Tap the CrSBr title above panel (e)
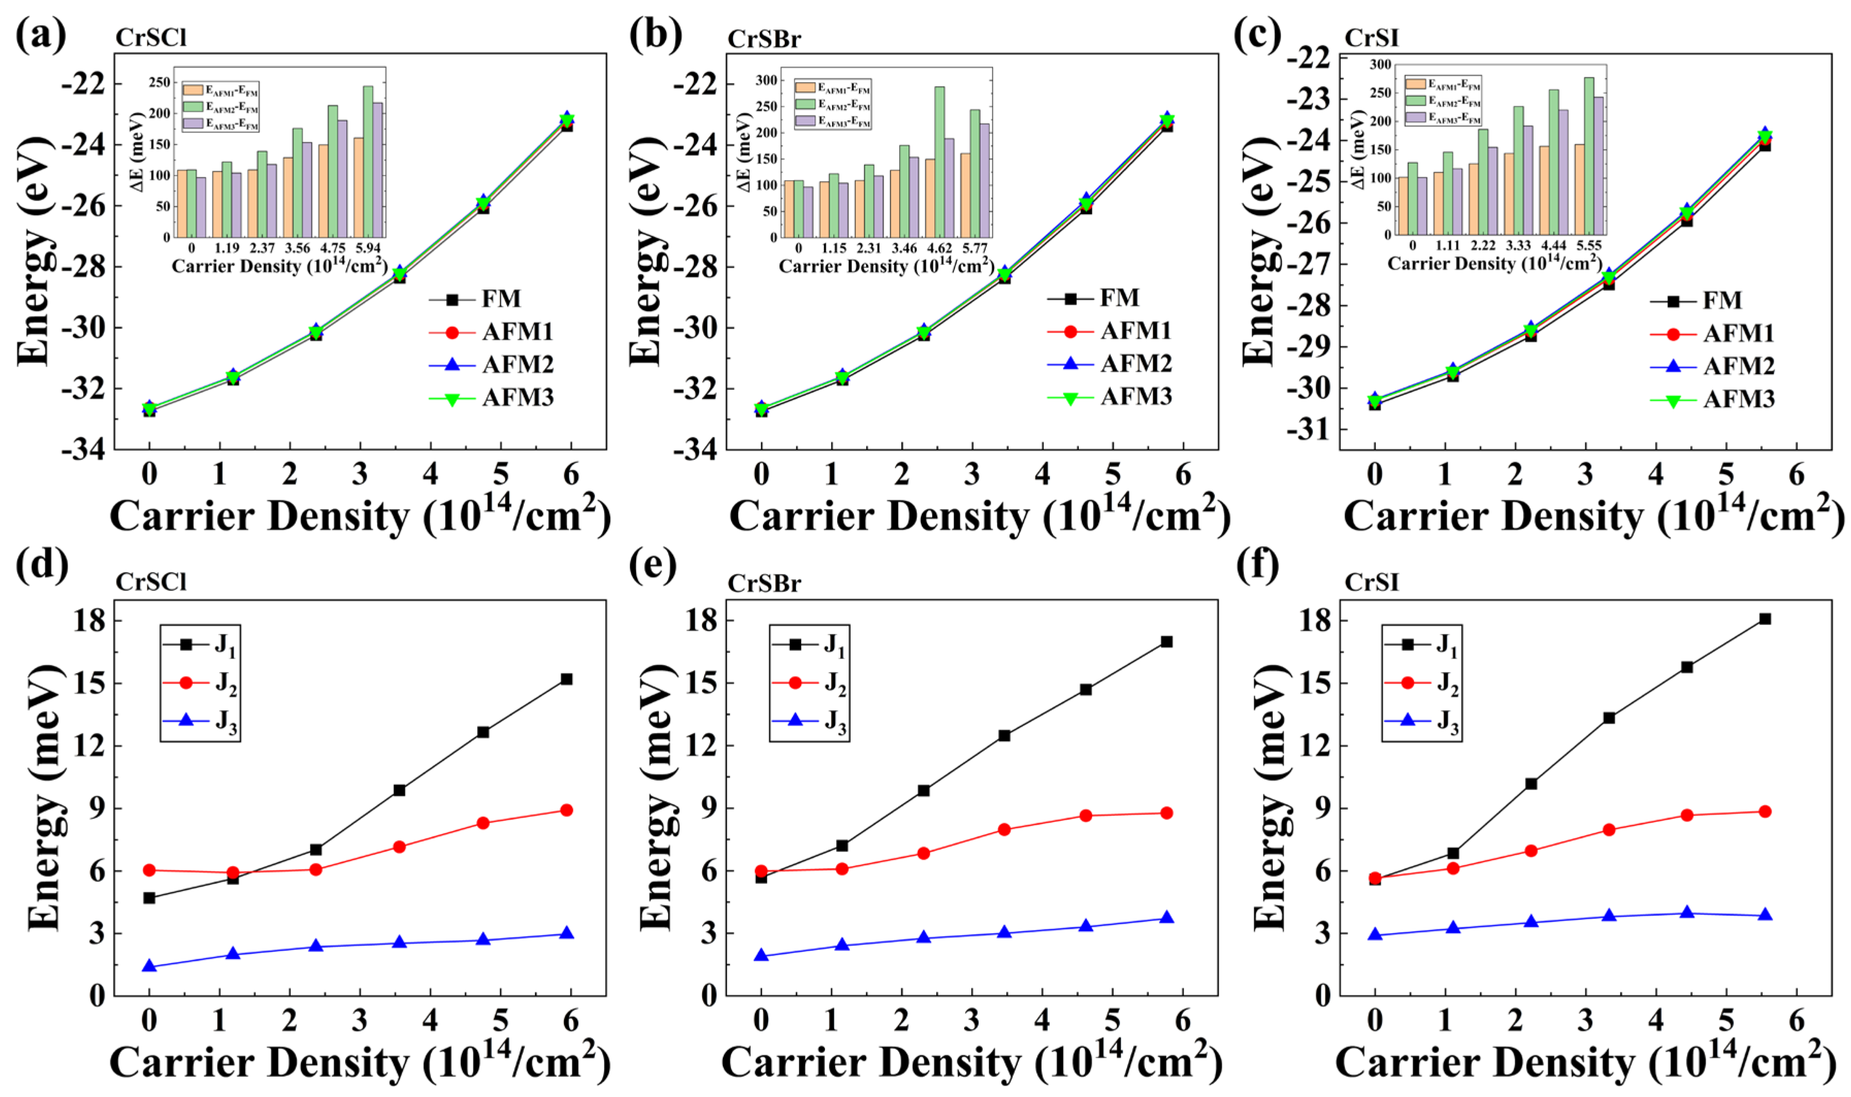tap(764, 583)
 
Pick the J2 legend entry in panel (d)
tap(200, 683)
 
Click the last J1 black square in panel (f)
tap(1764, 619)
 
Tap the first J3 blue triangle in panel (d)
tap(149, 966)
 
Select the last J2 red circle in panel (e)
tap(1166, 813)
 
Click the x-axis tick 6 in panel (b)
tap(1183, 474)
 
